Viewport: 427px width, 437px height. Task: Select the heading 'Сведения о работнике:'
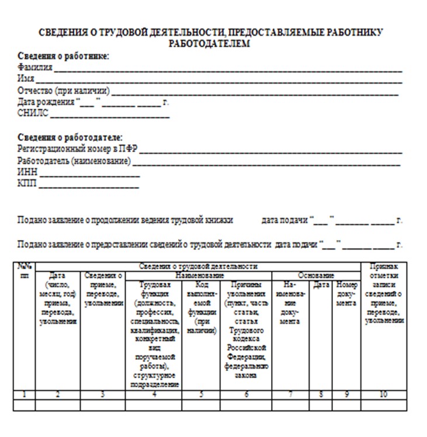[64, 56]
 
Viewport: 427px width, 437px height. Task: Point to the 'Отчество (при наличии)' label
[64, 91]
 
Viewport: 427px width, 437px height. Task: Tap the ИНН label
[27, 173]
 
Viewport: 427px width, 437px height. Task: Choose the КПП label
[27, 185]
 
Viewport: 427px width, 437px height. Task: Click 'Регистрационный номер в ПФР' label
[78, 149]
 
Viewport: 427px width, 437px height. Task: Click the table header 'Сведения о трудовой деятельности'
[198, 266]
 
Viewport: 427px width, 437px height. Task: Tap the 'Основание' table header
[316, 275]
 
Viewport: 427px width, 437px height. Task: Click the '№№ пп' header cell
[24, 270]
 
